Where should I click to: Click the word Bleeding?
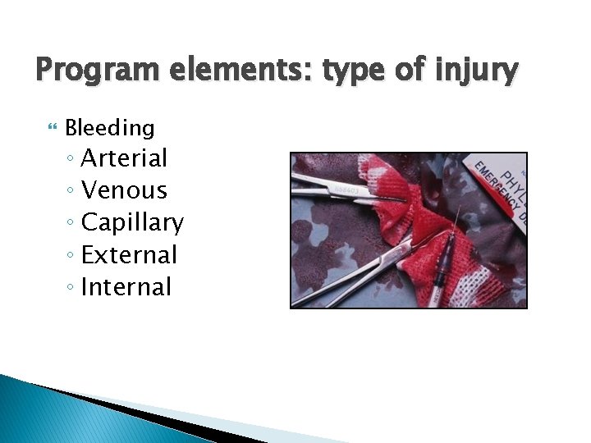coord(109,128)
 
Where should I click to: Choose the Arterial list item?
coord(124,158)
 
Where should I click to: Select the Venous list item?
coord(124,190)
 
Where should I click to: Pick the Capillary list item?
coord(132,222)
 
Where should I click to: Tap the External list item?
coord(129,255)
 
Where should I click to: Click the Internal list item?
coord(126,287)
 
